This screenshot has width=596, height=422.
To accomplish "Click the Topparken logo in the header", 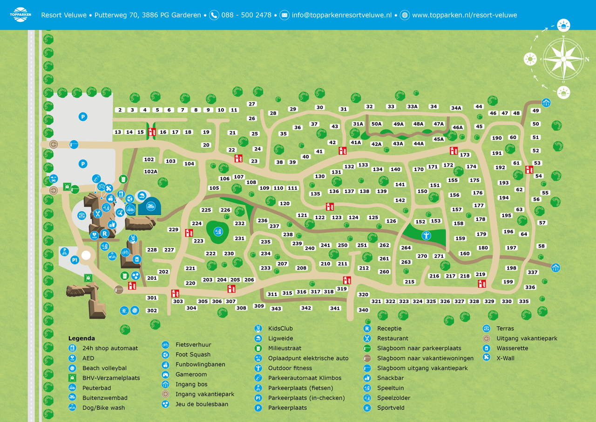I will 20,14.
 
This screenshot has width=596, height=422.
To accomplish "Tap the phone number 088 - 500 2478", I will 246,15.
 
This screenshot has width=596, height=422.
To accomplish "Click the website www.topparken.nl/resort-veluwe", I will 464,15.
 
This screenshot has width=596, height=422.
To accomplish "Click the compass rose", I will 563,59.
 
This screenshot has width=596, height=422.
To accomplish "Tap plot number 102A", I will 151,172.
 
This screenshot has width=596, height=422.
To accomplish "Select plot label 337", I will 532,272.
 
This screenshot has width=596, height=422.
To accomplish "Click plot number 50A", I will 377,124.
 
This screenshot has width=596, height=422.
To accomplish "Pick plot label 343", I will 276,309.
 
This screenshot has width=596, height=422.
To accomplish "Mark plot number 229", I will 174,229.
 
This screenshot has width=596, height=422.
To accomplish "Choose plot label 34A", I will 456,108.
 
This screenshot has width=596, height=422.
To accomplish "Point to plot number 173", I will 465,155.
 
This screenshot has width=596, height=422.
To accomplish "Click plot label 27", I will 252,104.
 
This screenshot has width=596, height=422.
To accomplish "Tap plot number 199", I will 508,282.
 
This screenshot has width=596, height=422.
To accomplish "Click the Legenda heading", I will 81,338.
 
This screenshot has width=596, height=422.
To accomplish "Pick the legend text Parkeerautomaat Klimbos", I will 305,378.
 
